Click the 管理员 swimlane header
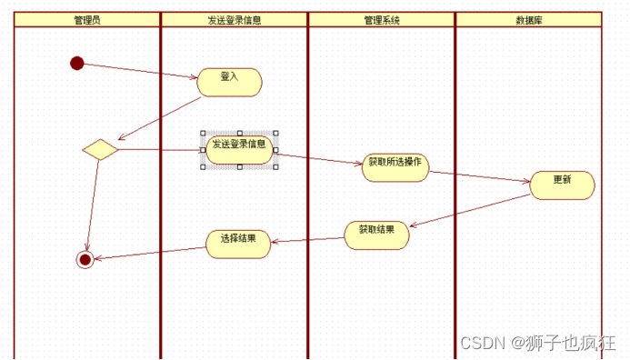point(87,19)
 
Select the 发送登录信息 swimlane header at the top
point(234,19)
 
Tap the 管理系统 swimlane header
point(381,19)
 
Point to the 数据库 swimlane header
point(528,19)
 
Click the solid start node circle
point(76,63)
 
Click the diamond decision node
point(100,150)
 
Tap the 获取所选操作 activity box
point(395,167)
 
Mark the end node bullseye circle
point(85,259)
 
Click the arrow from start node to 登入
point(136,71)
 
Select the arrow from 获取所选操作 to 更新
point(479,176)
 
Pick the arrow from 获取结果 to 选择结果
point(308,240)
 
